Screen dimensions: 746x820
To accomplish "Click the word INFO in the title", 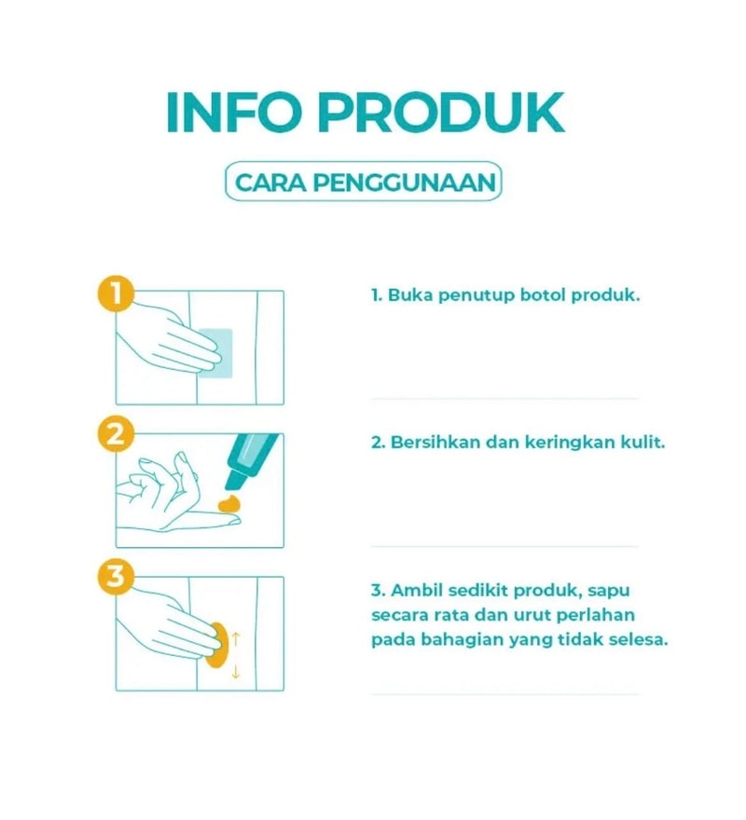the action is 233,113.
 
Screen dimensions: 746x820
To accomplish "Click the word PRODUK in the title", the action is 441,113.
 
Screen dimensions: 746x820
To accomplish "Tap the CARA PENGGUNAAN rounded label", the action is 363,182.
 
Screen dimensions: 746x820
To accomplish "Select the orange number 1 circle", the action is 117,294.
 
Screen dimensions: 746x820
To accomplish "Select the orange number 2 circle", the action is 117,434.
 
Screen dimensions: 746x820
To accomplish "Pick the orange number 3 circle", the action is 117,577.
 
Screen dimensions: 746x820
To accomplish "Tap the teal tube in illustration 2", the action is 250,460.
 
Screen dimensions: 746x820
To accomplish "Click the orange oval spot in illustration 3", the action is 217,645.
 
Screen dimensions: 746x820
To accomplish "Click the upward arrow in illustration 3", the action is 236,638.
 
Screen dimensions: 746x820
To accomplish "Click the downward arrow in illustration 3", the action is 236,671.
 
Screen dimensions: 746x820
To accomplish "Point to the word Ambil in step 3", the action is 417,591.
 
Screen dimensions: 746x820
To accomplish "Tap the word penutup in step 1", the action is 476,296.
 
